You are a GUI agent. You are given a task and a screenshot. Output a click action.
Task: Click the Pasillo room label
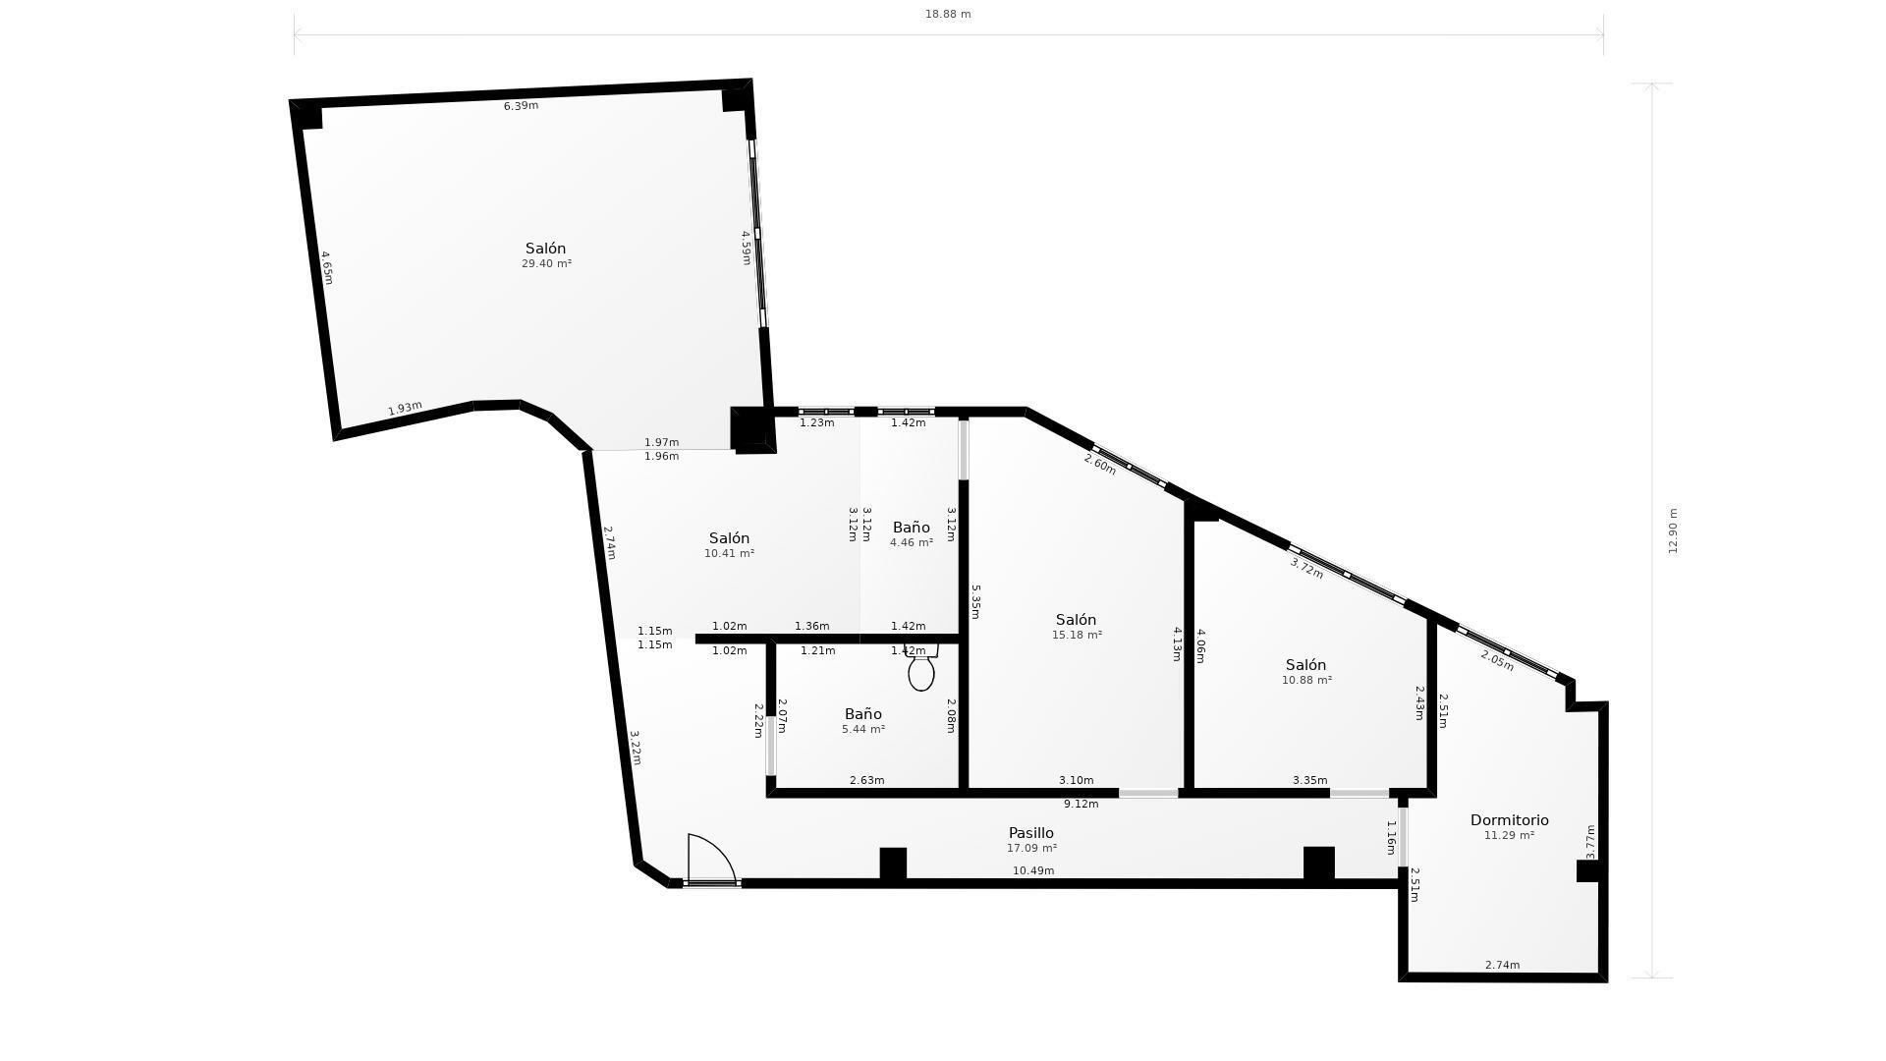(x=1031, y=833)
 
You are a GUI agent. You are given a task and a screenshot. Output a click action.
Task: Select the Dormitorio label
(x=1509, y=820)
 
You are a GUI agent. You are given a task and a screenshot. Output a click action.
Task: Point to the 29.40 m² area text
(x=546, y=263)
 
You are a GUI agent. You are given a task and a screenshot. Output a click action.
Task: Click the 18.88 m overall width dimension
(x=948, y=14)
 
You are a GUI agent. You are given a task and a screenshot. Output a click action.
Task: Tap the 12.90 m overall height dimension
(x=1673, y=530)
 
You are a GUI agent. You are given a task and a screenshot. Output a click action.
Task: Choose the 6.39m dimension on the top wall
(x=521, y=106)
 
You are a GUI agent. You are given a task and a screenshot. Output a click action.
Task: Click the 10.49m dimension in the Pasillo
(x=1033, y=870)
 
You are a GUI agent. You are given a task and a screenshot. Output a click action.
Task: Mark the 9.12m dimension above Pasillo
(x=1081, y=804)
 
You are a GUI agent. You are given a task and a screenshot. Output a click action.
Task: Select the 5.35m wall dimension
(x=975, y=601)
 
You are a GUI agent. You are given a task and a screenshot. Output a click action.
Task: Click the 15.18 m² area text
(x=1077, y=635)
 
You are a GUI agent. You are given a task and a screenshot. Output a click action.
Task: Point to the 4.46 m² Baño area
(x=912, y=542)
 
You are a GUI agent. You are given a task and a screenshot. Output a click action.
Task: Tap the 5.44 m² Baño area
(x=863, y=729)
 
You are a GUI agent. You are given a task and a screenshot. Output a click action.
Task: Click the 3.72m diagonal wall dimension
(x=1306, y=569)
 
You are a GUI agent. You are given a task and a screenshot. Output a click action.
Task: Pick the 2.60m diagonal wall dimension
(x=1100, y=464)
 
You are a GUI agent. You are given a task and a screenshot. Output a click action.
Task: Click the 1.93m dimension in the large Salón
(x=405, y=408)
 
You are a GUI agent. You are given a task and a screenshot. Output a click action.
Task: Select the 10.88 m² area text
(x=1306, y=680)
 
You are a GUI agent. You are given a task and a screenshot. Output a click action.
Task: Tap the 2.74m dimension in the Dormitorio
(x=1502, y=965)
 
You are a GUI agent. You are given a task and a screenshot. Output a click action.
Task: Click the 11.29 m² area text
(x=1509, y=835)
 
